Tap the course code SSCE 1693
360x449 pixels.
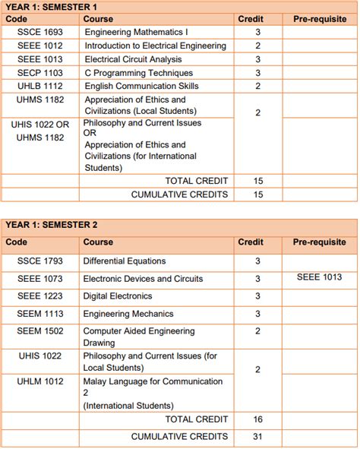(40, 33)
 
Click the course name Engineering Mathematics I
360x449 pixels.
(136, 33)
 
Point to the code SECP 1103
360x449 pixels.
(40, 72)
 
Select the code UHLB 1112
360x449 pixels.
(40, 86)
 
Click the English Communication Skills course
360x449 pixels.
(141, 86)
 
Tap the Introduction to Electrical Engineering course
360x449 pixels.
(156, 46)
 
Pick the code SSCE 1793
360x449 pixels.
(40, 261)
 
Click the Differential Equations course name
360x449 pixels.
(124, 261)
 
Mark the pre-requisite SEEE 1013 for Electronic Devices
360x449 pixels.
(319, 278)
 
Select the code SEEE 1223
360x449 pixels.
(40, 296)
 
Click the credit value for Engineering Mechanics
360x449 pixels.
(258, 314)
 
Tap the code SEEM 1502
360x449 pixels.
(40, 331)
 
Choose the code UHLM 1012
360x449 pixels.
(40, 381)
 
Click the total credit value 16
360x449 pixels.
(258, 419)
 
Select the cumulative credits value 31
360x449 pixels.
(258, 436)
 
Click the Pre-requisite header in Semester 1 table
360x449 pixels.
(319, 18)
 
